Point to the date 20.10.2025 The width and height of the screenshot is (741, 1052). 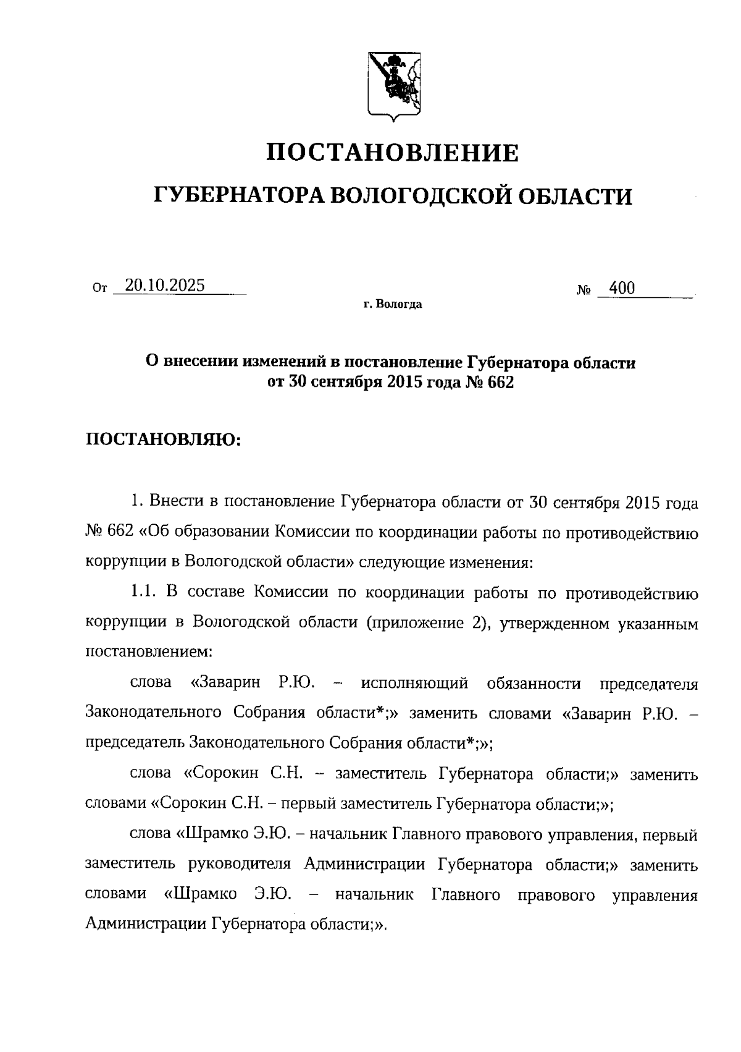pos(165,286)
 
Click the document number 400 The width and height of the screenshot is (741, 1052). pos(621,288)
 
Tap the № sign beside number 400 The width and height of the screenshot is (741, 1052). pos(584,289)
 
